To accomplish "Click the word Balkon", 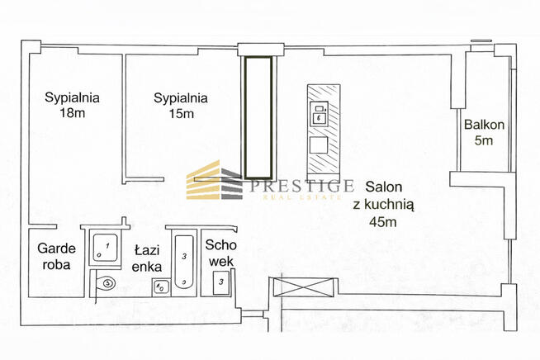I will [483, 126].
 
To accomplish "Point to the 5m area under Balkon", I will [483, 140].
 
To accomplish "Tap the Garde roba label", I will [54, 257].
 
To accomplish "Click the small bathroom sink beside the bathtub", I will [160, 287].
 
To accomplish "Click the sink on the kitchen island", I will [319, 113].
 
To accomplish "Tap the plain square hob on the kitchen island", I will [319, 146].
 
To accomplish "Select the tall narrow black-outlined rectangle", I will [258, 116].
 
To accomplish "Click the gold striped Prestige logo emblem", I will [213, 181].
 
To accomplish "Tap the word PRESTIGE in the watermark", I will [301, 185].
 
